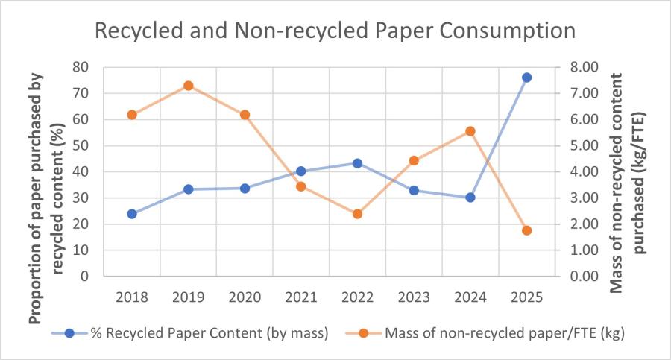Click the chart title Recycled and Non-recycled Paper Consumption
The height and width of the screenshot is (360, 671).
[x=334, y=31]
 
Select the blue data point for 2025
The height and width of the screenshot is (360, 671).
[x=526, y=78]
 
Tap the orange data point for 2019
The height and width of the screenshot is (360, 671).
[x=189, y=86]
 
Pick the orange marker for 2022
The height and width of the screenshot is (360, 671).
[x=357, y=214]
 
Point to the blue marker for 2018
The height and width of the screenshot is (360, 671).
[x=132, y=214]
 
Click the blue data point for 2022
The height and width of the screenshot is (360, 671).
[x=357, y=163]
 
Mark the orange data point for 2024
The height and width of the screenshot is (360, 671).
[x=470, y=131]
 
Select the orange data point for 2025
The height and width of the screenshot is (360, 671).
[x=526, y=230]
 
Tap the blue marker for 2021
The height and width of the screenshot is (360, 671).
[x=301, y=171]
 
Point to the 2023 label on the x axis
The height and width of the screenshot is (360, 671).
[x=414, y=296]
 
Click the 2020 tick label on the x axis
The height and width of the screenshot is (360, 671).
[x=245, y=296]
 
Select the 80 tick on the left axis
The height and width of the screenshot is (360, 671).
[x=79, y=67]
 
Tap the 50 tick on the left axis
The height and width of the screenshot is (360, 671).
[x=79, y=145]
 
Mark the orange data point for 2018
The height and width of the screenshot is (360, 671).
[x=132, y=115]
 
